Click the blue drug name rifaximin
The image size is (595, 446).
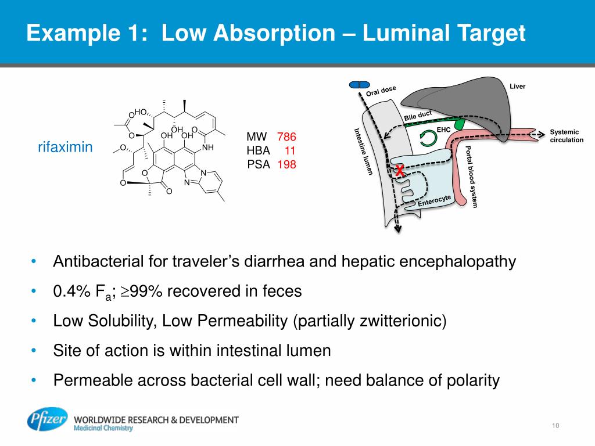pyautogui.click(x=65, y=148)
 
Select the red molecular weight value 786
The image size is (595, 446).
pyautogui.click(x=286, y=137)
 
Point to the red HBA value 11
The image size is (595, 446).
pyautogui.click(x=291, y=150)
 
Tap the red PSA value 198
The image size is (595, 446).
pyautogui.click(x=286, y=164)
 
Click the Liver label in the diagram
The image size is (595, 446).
pyautogui.click(x=517, y=87)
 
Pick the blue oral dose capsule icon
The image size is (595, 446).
pyautogui.click(x=360, y=85)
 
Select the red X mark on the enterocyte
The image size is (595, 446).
pyautogui.click(x=400, y=171)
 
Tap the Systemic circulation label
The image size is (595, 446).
pyautogui.click(x=567, y=136)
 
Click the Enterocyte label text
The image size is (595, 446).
pyautogui.click(x=435, y=200)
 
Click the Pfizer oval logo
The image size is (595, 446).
pyautogui.click(x=47, y=419)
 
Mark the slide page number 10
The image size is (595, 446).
pyautogui.click(x=555, y=427)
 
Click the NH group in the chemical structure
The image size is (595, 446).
pyautogui.click(x=208, y=148)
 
